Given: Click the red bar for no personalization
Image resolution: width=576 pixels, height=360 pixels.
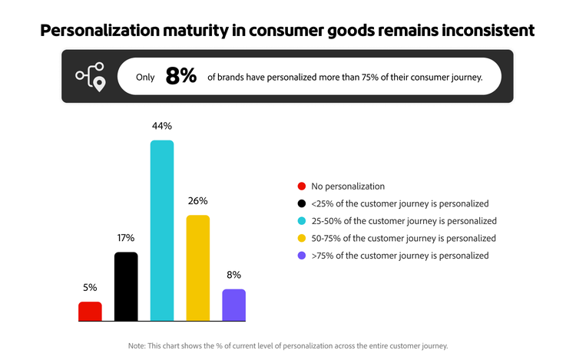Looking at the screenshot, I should [x=90, y=311].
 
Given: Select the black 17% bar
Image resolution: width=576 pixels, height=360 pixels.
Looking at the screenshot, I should [x=126, y=286].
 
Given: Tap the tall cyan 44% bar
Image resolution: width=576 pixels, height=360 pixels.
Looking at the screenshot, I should [x=162, y=230].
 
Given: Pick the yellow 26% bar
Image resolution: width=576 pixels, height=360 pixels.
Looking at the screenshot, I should [x=198, y=267].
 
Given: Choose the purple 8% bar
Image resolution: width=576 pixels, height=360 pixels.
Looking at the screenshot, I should [x=234, y=305].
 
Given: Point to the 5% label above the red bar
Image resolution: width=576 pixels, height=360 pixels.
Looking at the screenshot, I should [x=90, y=288].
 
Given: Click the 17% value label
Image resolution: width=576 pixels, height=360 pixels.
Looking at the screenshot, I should [x=126, y=238].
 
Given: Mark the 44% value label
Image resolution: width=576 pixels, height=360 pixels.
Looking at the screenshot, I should [x=162, y=126].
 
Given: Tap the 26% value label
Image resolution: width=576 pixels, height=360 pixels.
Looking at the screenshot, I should [x=198, y=201].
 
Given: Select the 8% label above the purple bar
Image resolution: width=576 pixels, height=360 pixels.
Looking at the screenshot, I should [x=234, y=275].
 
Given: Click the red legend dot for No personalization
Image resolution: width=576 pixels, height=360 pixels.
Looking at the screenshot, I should [x=301, y=186].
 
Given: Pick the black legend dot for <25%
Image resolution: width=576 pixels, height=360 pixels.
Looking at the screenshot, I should [x=301, y=203].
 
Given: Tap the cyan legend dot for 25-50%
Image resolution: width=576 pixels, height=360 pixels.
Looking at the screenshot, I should [x=301, y=221].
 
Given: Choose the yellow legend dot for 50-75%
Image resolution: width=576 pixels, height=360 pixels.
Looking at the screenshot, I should [x=301, y=239].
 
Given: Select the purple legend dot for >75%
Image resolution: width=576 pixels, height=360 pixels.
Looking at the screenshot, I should [x=301, y=256].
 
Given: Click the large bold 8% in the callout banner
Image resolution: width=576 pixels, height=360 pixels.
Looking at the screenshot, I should [x=181, y=76].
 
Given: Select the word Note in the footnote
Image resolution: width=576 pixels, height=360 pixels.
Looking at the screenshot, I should [x=137, y=346].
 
